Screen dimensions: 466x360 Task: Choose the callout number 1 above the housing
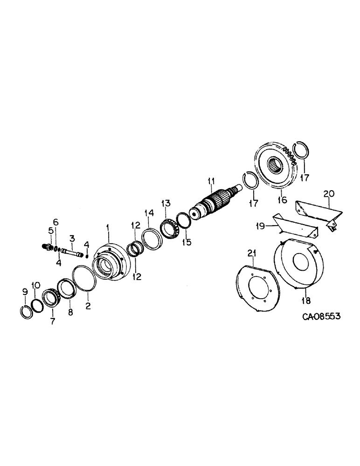click(107, 227)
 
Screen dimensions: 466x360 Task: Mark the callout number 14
click(149, 213)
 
